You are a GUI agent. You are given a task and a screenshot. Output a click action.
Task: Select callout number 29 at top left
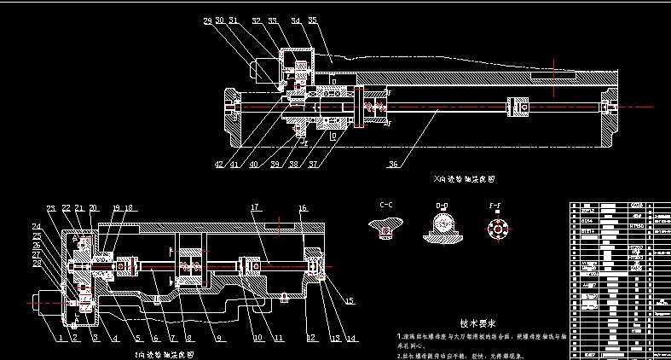[207, 20]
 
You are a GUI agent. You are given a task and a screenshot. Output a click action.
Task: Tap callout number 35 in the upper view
[312, 20]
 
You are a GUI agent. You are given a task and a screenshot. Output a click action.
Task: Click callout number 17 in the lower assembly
[254, 207]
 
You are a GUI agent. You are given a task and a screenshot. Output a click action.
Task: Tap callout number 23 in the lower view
[50, 208]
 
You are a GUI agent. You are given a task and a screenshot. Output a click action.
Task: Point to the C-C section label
[387, 206]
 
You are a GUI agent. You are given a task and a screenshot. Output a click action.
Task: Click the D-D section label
[442, 206]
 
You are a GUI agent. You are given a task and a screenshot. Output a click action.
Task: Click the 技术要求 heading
[477, 323]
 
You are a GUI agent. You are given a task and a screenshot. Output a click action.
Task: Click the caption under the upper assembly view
[464, 181]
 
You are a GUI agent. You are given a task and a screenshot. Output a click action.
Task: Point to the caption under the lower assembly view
[165, 352]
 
